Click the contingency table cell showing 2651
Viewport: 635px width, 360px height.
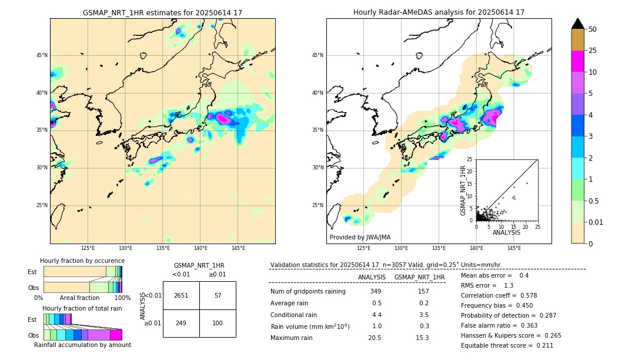point(181,295)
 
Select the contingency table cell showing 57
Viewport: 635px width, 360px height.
point(218,295)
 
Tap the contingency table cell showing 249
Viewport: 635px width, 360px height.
point(181,323)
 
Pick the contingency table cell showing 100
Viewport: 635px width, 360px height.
point(218,323)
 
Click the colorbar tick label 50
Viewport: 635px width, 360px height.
point(593,29)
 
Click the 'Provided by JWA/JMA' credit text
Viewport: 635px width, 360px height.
point(360,237)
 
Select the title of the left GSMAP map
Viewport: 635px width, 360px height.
point(162,12)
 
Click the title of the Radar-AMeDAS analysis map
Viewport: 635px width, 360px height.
point(439,12)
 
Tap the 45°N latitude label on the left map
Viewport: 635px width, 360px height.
point(42,55)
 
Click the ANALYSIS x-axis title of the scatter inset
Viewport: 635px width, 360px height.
point(506,232)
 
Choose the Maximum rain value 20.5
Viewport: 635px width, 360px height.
point(375,338)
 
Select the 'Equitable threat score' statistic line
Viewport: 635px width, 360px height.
point(507,345)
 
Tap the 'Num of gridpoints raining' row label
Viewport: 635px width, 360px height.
point(308,291)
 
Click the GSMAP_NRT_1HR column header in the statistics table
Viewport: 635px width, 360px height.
point(419,277)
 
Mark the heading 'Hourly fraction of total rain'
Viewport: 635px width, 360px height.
point(82,308)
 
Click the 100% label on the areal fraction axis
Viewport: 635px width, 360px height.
point(122,298)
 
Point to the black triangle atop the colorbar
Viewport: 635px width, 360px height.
point(578,24)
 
